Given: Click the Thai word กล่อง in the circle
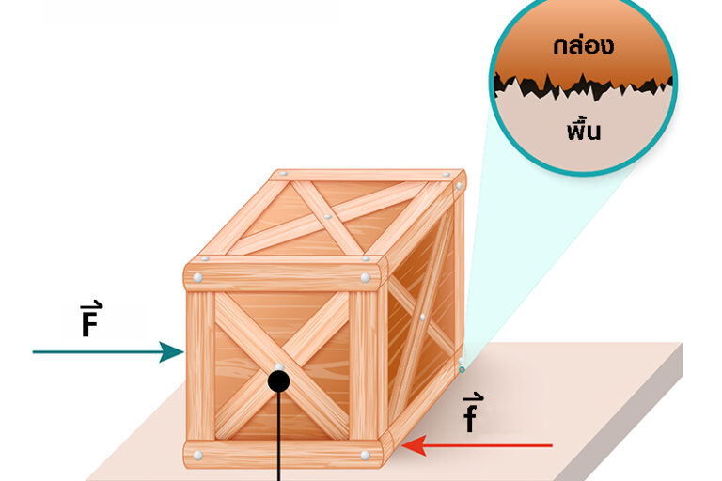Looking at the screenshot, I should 584,44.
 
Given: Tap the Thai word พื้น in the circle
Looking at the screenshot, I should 584,130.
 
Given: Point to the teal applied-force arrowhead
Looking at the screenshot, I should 173,352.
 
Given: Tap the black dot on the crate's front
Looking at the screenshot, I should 278,380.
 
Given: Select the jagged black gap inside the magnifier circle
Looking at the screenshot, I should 583,86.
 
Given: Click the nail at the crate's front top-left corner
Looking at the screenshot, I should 199,277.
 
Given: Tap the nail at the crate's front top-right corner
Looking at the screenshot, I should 365,278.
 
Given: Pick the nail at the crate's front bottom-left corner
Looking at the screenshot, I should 198,456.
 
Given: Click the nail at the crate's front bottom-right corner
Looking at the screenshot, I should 365,456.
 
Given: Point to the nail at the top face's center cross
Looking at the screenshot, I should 327,217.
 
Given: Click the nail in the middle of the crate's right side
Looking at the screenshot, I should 423,317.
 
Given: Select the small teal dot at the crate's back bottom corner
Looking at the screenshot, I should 462,369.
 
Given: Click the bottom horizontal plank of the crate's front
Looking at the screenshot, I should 282,455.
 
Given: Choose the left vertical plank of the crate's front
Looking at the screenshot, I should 199,366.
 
